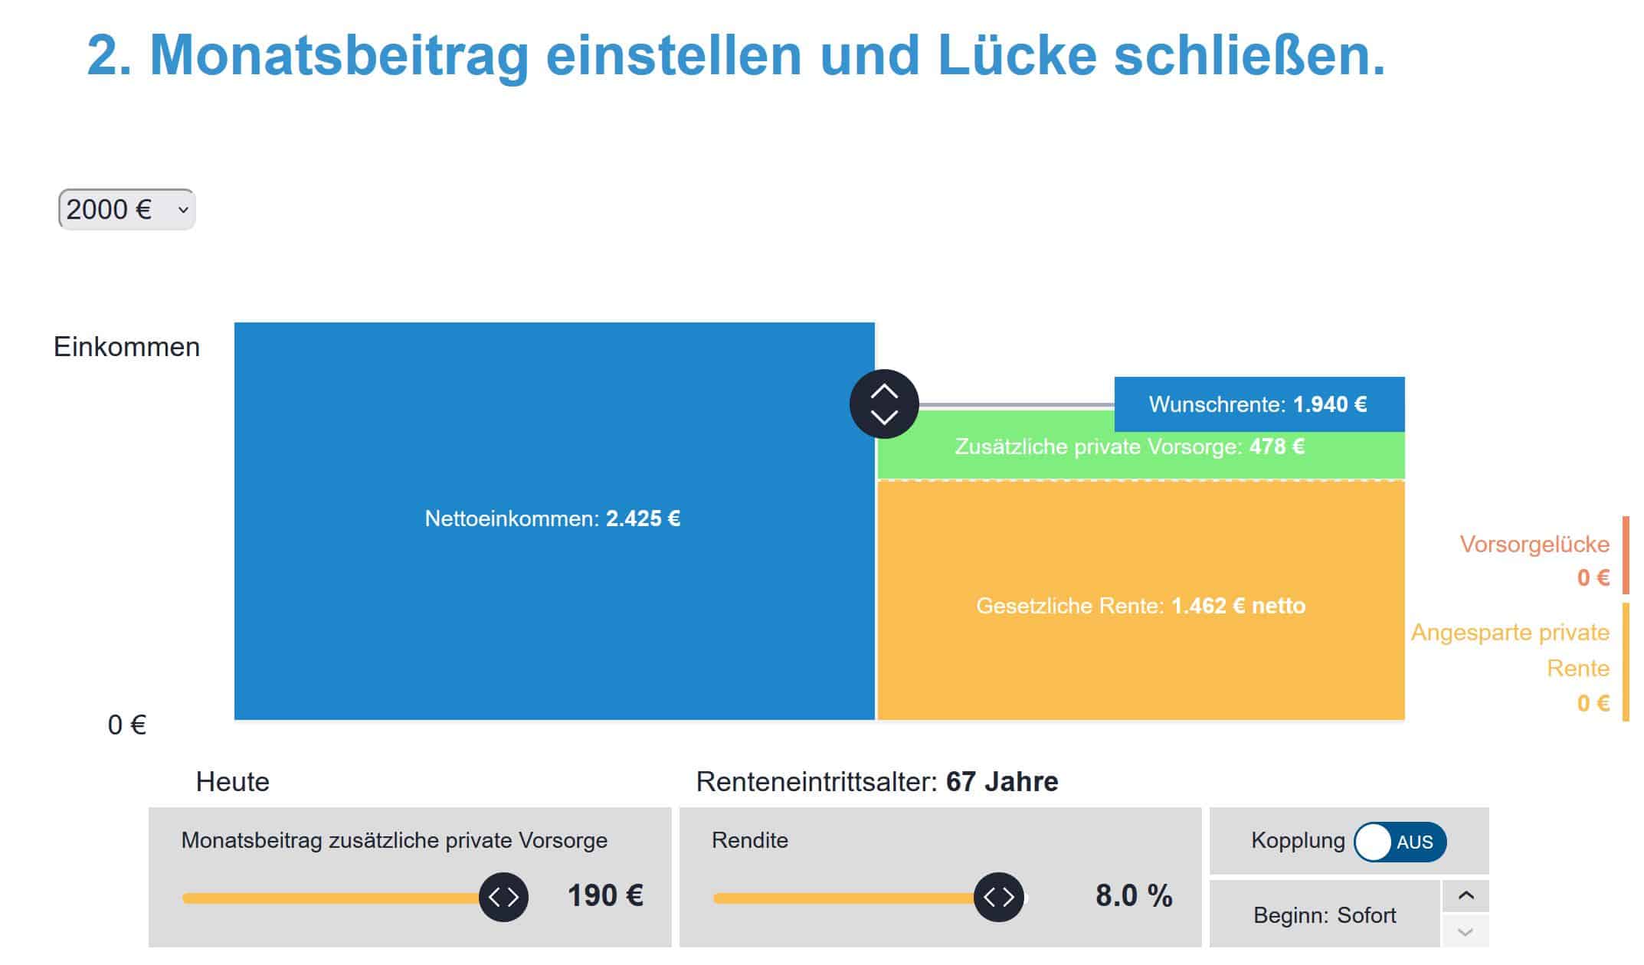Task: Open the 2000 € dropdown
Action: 127,209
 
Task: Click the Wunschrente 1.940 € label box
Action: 1259,404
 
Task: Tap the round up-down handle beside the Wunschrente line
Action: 884,404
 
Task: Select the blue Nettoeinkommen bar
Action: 554,521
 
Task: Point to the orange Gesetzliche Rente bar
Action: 1141,600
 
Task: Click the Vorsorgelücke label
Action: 1534,545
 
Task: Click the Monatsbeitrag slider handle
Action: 504,897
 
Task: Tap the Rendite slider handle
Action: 999,897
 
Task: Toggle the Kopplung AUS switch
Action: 1400,842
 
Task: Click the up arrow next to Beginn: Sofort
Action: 1466,896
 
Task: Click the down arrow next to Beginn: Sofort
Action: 1466,932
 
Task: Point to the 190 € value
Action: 605,895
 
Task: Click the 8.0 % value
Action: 1134,895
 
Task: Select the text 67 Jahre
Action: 1002,782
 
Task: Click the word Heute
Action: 233,782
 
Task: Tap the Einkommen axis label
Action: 126,347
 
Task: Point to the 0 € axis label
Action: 127,725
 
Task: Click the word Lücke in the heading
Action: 1017,55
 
